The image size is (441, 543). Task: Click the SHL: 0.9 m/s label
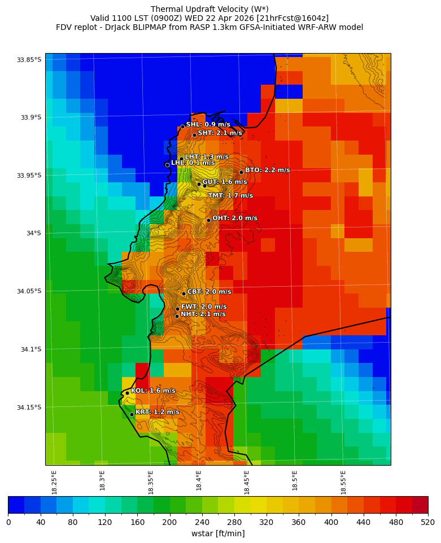[x=208, y=124]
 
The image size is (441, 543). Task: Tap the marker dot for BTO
[x=241, y=172]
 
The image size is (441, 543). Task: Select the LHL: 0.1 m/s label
[x=193, y=163]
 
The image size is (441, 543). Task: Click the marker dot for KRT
[x=132, y=414]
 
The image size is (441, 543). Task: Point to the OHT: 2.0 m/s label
[x=234, y=218]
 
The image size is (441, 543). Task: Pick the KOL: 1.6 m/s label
[x=153, y=391]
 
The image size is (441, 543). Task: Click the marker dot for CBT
[x=184, y=294]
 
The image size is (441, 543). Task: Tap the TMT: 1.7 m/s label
[x=230, y=195]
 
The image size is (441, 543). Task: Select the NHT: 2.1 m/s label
[x=203, y=314]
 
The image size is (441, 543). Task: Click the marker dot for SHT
[x=194, y=135]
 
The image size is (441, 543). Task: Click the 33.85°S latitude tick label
[x=29, y=60]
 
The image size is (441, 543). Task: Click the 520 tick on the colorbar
[x=427, y=523]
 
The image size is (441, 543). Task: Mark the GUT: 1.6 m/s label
[x=224, y=182]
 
